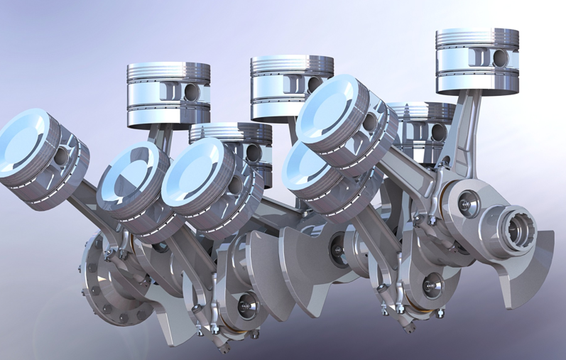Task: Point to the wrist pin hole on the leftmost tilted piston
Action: (x=62, y=156)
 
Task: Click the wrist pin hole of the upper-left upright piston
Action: (x=190, y=91)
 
